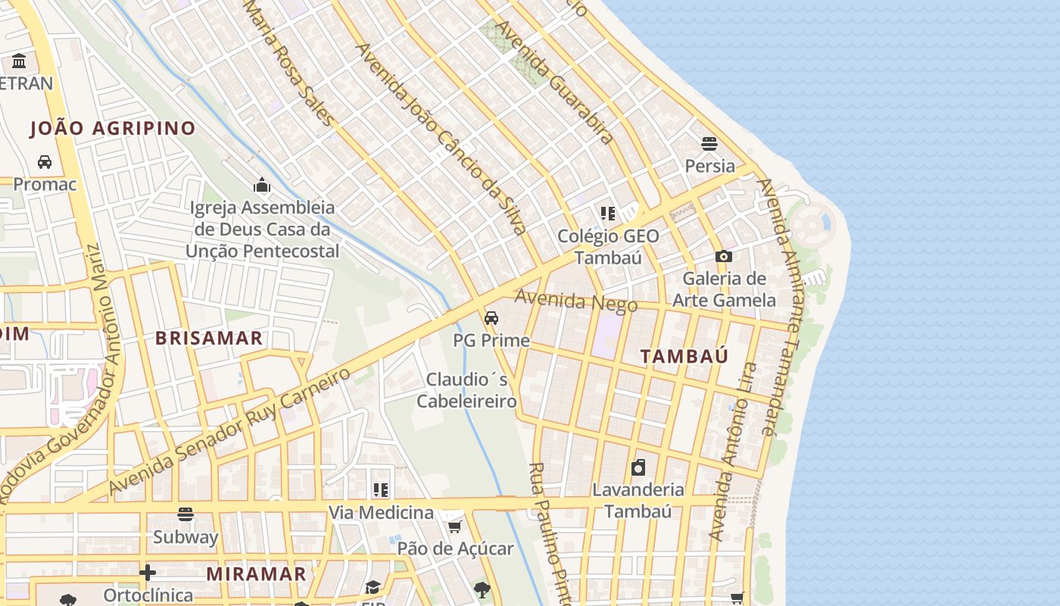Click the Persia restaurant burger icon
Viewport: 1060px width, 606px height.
coord(709,143)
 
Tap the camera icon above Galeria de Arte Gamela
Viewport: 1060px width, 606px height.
coord(723,257)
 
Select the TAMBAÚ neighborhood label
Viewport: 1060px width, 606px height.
coord(684,356)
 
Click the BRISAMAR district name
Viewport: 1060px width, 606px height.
coord(209,338)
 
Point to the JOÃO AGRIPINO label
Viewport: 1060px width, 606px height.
coord(113,128)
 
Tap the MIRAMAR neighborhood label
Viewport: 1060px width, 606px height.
coord(256,573)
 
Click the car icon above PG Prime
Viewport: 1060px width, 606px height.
coord(491,317)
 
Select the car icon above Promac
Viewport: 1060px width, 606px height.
coord(45,162)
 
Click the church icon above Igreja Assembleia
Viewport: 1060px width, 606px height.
coord(262,185)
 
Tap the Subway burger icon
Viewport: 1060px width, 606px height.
coord(185,515)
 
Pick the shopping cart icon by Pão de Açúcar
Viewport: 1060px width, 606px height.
coord(454,526)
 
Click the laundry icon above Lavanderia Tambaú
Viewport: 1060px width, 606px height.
coord(638,467)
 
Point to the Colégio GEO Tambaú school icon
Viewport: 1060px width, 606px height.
coord(607,214)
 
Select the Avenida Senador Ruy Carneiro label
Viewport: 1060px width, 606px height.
coord(230,430)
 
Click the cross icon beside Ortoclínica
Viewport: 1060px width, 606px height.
coord(148,572)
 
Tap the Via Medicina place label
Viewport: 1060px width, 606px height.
coord(381,513)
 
